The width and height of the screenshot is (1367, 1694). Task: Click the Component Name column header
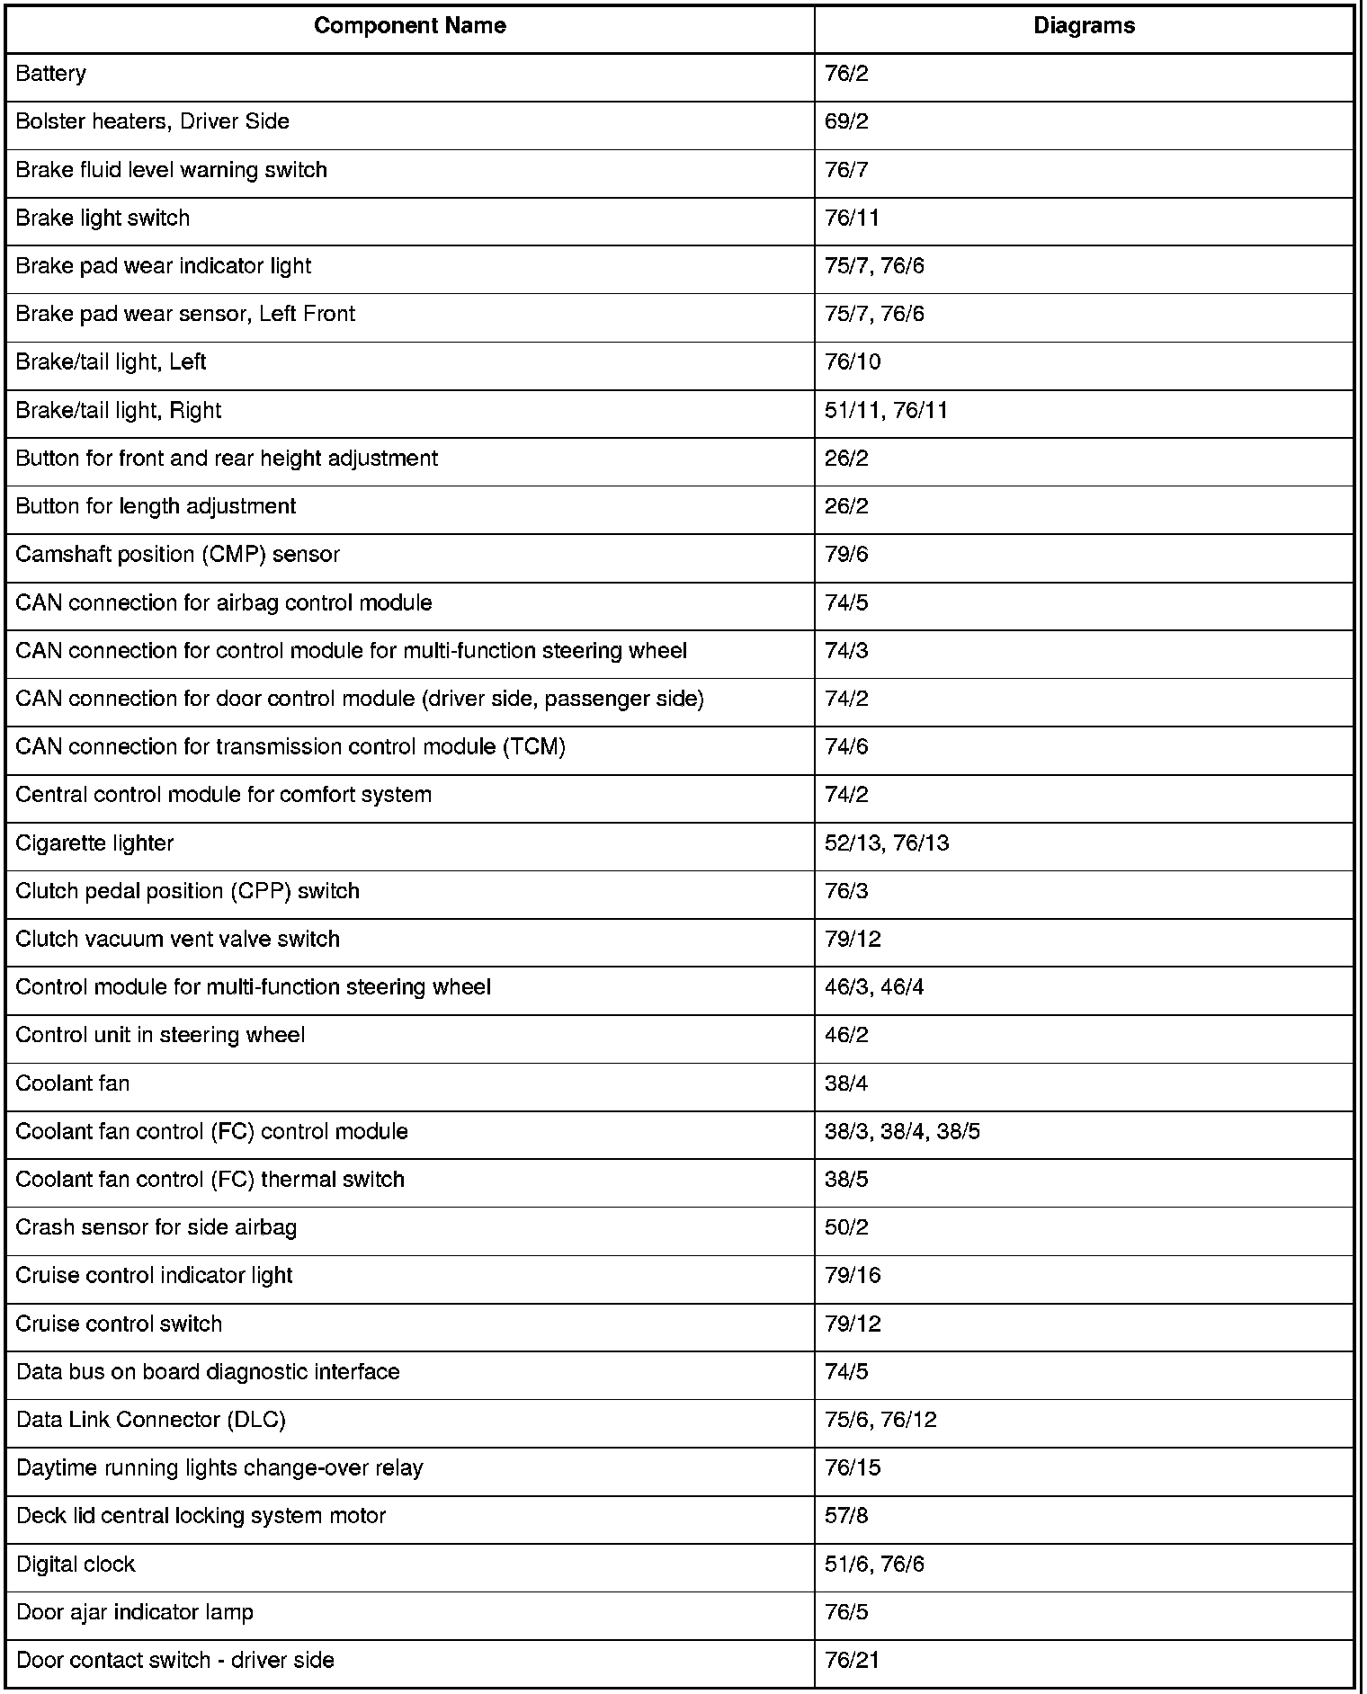click(x=409, y=26)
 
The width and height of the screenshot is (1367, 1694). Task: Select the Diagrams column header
click(x=1084, y=26)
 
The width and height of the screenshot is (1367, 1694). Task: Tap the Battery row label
click(x=51, y=74)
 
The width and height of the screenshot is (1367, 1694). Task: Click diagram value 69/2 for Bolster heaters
click(x=846, y=122)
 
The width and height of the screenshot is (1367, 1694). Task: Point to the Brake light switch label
click(x=103, y=218)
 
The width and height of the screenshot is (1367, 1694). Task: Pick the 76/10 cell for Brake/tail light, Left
click(x=853, y=362)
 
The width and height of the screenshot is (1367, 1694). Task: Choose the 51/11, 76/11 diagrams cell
click(x=886, y=411)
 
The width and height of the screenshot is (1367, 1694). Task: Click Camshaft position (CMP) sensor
click(x=177, y=555)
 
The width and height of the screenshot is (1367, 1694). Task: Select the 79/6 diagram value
click(x=846, y=555)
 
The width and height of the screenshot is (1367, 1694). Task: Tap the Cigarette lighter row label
click(x=94, y=843)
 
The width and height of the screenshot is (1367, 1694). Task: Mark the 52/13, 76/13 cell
click(x=887, y=843)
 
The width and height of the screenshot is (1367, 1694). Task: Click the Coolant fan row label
click(x=73, y=1083)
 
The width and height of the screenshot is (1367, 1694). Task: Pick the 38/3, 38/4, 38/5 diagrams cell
click(x=902, y=1132)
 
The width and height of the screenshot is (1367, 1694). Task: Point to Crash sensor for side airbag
click(x=156, y=1228)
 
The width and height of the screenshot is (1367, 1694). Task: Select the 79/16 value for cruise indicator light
click(x=853, y=1276)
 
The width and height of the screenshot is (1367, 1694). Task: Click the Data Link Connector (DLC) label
click(x=150, y=1420)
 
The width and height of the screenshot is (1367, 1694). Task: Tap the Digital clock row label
click(x=76, y=1565)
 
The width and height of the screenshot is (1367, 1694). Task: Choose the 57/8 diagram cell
click(x=846, y=1516)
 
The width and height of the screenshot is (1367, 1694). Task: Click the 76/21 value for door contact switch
click(x=853, y=1661)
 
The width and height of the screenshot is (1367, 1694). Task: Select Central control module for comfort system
click(x=223, y=795)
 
